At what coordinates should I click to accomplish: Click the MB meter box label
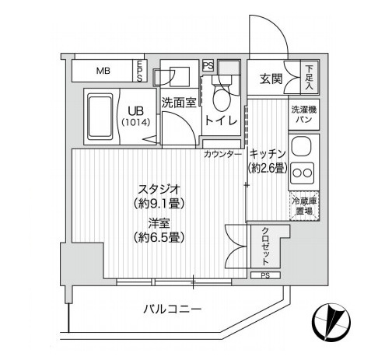103,71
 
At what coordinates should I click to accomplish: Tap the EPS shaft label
139,72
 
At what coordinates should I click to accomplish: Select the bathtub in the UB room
100,117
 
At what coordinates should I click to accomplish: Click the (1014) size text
136,122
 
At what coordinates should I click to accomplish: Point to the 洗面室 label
179,103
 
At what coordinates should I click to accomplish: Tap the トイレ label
221,121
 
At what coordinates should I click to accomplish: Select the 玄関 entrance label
271,79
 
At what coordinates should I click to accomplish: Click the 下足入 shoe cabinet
310,77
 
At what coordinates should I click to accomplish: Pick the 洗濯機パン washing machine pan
304,114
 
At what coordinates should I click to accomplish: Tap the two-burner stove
302,173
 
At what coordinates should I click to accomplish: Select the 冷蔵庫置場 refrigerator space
304,206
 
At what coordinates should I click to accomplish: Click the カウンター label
222,155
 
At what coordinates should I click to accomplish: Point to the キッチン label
268,154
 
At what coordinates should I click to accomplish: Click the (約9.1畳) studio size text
159,204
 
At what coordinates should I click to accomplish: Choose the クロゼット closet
265,246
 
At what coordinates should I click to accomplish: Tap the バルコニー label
173,309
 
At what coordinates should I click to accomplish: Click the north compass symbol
331,322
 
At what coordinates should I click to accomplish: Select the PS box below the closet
265,275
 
